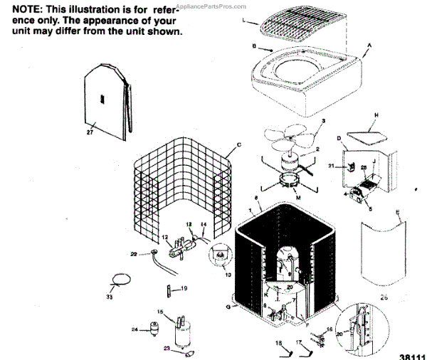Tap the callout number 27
(90, 131)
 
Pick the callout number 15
(160, 312)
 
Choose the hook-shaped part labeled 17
(304, 349)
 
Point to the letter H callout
(376, 115)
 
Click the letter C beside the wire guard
(239, 145)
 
